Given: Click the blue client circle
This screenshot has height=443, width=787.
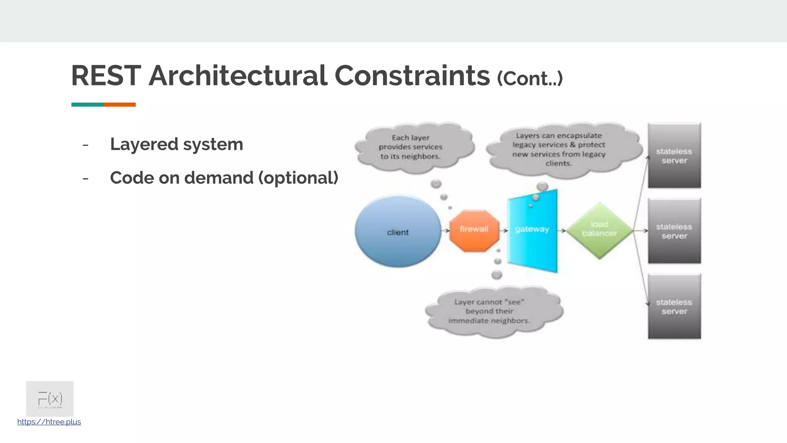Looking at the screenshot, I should click(398, 231).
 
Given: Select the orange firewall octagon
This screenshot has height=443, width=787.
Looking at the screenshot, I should click(474, 231).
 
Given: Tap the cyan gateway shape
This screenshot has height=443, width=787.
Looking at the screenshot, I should click(532, 231).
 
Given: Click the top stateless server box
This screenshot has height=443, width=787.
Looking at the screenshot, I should click(674, 156).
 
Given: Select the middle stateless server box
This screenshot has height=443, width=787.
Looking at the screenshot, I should click(674, 231).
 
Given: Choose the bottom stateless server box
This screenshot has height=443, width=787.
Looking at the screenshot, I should click(674, 306).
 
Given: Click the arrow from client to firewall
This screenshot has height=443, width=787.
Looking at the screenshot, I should click(445, 231).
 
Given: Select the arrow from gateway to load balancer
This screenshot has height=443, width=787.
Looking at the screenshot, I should click(562, 231).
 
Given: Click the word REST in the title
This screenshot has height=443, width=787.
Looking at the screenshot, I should click(106, 76).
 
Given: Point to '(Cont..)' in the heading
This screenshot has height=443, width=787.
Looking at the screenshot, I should click(530, 78).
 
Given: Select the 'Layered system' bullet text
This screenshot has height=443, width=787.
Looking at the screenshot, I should click(176, 145).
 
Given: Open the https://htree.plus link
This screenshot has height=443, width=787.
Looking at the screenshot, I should click(49, 422).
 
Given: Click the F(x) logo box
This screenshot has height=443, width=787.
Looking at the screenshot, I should click(50, 399).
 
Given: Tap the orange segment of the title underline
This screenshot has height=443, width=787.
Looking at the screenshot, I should click(120, 105).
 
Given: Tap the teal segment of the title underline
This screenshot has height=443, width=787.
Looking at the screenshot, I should click(87, 105).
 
